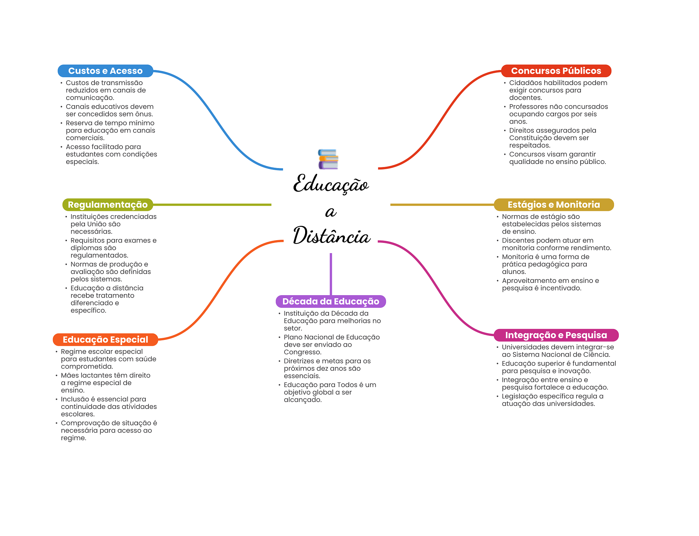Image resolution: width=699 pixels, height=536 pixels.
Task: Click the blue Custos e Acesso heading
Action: click(105, 71)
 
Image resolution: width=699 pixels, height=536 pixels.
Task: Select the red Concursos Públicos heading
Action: click(556, 71)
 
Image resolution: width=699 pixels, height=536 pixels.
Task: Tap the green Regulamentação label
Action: click(108, 205)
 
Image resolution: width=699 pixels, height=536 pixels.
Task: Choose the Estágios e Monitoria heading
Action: click(553, 205)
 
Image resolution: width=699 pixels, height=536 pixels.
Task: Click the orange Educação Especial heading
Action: click(105, 340)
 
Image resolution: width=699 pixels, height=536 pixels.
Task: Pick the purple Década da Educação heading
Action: click(330, 301)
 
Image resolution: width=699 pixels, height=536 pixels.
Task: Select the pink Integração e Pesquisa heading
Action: click(556, 335)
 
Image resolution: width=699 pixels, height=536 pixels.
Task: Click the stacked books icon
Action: click(328, 159)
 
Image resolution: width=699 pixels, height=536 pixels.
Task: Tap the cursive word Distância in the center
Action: click(331, 236)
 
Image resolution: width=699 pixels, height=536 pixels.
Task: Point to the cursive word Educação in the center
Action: click(331, 184)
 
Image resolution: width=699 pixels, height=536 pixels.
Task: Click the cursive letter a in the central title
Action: click(330, 212)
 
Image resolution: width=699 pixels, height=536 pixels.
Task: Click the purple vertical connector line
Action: click(331, 273)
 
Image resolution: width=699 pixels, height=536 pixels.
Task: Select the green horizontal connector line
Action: click(212, 205)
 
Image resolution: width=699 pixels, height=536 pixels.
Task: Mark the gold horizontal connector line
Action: click(442, 205)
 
